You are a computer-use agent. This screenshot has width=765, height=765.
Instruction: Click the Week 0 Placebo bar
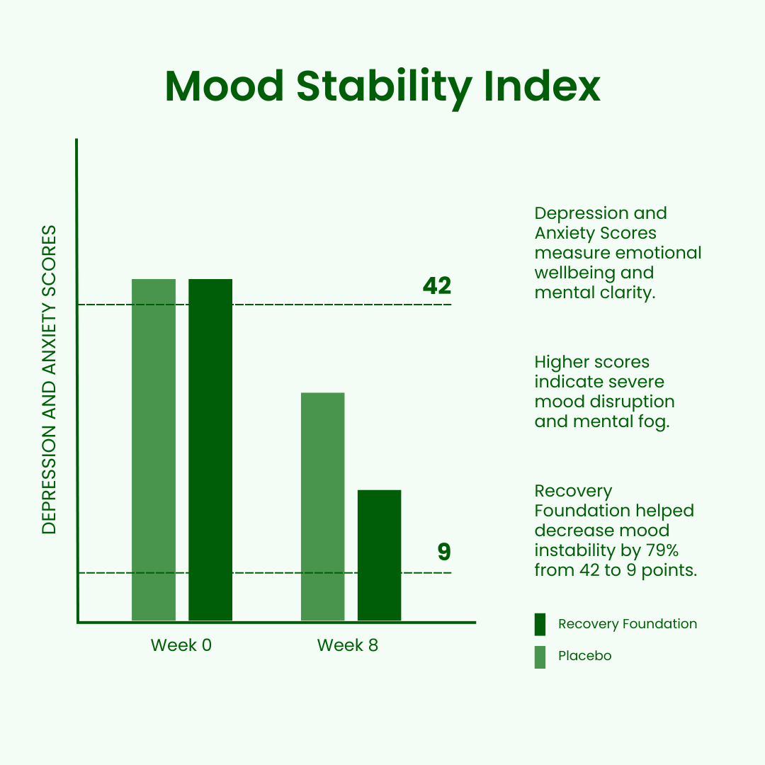coord(154,450)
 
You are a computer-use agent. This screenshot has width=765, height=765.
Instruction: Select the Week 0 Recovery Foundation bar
coord(210,450)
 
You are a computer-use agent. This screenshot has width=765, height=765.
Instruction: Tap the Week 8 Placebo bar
coord(322,507)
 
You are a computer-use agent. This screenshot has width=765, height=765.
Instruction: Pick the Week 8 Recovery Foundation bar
coord(379,556)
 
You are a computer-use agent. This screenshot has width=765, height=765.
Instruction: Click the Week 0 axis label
coord(181,645)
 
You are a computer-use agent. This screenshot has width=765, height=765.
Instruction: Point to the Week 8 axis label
coord(347,645)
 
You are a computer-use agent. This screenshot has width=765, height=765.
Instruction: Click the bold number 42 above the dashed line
coord(437,285)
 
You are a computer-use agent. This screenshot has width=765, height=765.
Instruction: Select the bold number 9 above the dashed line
coord(444,552)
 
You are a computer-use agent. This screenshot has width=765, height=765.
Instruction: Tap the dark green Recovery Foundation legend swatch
coord(540,625)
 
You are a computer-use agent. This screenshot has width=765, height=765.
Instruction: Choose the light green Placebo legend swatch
coord(540,657)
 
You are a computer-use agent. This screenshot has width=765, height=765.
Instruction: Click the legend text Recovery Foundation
coord(628,623)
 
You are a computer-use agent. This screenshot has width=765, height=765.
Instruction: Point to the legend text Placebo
coord(584,656)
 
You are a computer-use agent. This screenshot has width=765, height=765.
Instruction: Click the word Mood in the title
coord(225,86)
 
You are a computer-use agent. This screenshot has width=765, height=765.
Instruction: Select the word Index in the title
coord(542,86)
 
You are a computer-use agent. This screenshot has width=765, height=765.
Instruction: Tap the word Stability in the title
coord(384,89)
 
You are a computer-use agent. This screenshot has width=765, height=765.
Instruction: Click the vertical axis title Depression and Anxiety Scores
coord(50,380)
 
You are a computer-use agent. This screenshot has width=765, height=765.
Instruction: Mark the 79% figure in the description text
coord(662,550)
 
